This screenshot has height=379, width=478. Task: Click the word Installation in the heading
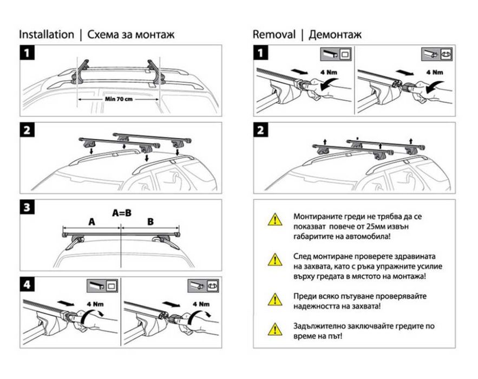[x=47, y=35]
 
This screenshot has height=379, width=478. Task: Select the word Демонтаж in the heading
[x=335, y=35]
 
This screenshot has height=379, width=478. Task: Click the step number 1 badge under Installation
[x=28, y=53]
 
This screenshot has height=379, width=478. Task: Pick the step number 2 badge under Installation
[x=28, y=130]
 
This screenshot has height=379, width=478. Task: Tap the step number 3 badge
[x=28, y=207]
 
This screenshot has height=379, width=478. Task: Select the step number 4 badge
[x=28, y=285]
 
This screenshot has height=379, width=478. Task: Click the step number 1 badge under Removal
[x=262, y=53]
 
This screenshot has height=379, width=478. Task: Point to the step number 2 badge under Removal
[x=262, y=130]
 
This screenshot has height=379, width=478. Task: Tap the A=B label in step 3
[x=122, y=213]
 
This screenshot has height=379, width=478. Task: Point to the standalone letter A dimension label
[x=91, y=221]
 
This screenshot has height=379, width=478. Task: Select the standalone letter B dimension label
[x=150, y=221]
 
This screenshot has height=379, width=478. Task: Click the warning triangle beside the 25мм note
[x=275, y=219]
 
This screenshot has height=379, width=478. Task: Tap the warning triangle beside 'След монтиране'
[x=275, y=259]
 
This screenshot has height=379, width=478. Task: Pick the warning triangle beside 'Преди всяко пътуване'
[x=275, y=298]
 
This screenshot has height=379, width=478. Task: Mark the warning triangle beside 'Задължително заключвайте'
[x=275, y=328]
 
